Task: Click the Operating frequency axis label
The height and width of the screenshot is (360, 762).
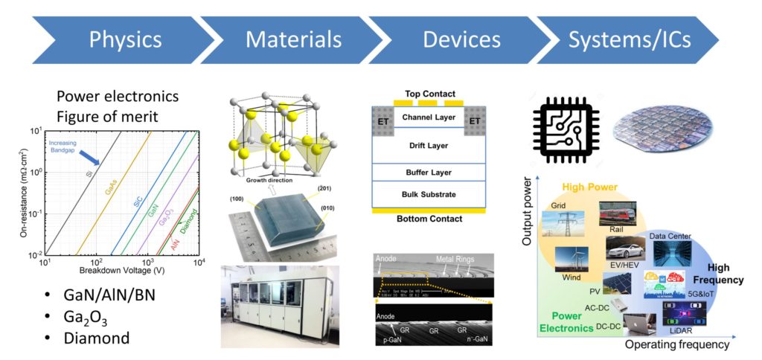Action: [x=676, y=345]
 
